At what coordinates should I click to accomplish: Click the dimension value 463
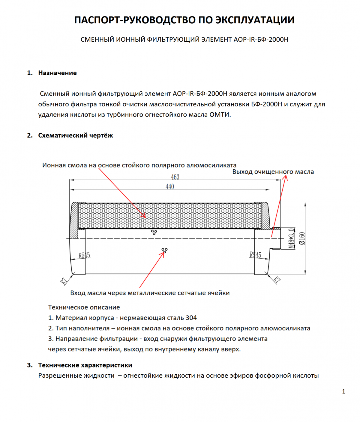pos(175,177)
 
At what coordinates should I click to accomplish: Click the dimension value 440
pos(170,186)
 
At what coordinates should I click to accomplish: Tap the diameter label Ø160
pos(302,238)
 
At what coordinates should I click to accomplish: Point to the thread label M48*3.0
pos(291,238)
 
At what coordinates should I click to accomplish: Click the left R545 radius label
pos(84,255)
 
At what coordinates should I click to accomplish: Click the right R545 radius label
pos(255,255)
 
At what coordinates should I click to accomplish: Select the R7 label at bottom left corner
pos(64,281)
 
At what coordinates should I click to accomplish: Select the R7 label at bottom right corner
pos(277,280)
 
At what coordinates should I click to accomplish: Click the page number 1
pos(343,391)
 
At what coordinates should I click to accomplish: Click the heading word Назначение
pos(57,73)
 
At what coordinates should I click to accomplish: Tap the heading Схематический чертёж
pos(75,135)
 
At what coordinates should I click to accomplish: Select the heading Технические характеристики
pos(85,365)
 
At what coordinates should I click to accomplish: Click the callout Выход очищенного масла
pos(273,172)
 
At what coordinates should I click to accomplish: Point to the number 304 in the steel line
pos(191,318)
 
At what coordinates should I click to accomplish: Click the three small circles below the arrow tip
pos(164,250)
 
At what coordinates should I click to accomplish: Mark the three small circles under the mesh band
pos(154,232)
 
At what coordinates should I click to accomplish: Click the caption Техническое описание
pos(84,307)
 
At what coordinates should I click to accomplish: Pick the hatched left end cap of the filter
pos(74,220)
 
